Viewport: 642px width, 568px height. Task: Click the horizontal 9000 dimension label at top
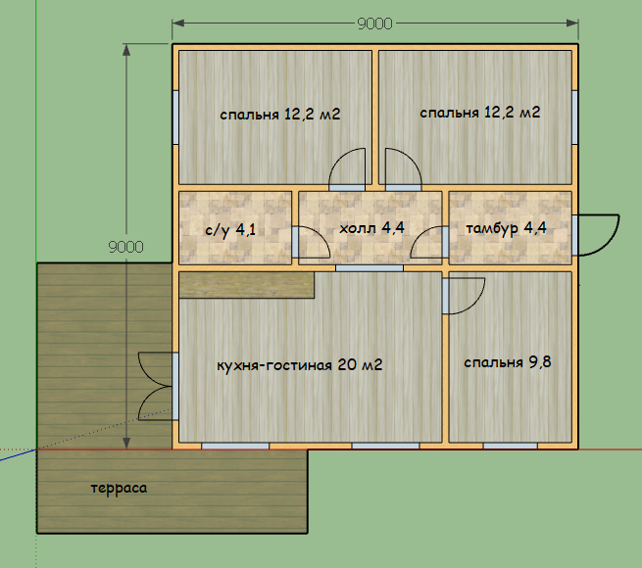pos(374,24)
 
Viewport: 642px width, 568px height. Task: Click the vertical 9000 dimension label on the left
pos(125,247)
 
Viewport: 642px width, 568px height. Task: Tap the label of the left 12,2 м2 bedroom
pos(280,114)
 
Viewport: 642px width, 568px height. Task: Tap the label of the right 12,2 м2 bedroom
pos(480,112)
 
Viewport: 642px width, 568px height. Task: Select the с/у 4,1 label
pos(230,229)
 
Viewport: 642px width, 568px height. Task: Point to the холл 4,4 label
pos(371,227)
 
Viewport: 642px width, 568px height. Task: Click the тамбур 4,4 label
pos(506,228)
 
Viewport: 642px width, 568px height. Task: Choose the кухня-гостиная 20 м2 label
pos(300,364)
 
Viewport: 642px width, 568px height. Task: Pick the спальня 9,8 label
pos(508,362)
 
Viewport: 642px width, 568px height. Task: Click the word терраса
pos(119,489)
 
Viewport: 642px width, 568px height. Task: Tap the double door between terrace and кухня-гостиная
pos(155,386)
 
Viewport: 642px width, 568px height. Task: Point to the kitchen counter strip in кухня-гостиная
pos(246,285)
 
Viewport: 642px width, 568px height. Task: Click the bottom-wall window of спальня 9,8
pos(510,446)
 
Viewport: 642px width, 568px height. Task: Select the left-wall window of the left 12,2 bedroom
pos(175,118)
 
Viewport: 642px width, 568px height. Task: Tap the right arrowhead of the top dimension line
pos(572,24)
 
